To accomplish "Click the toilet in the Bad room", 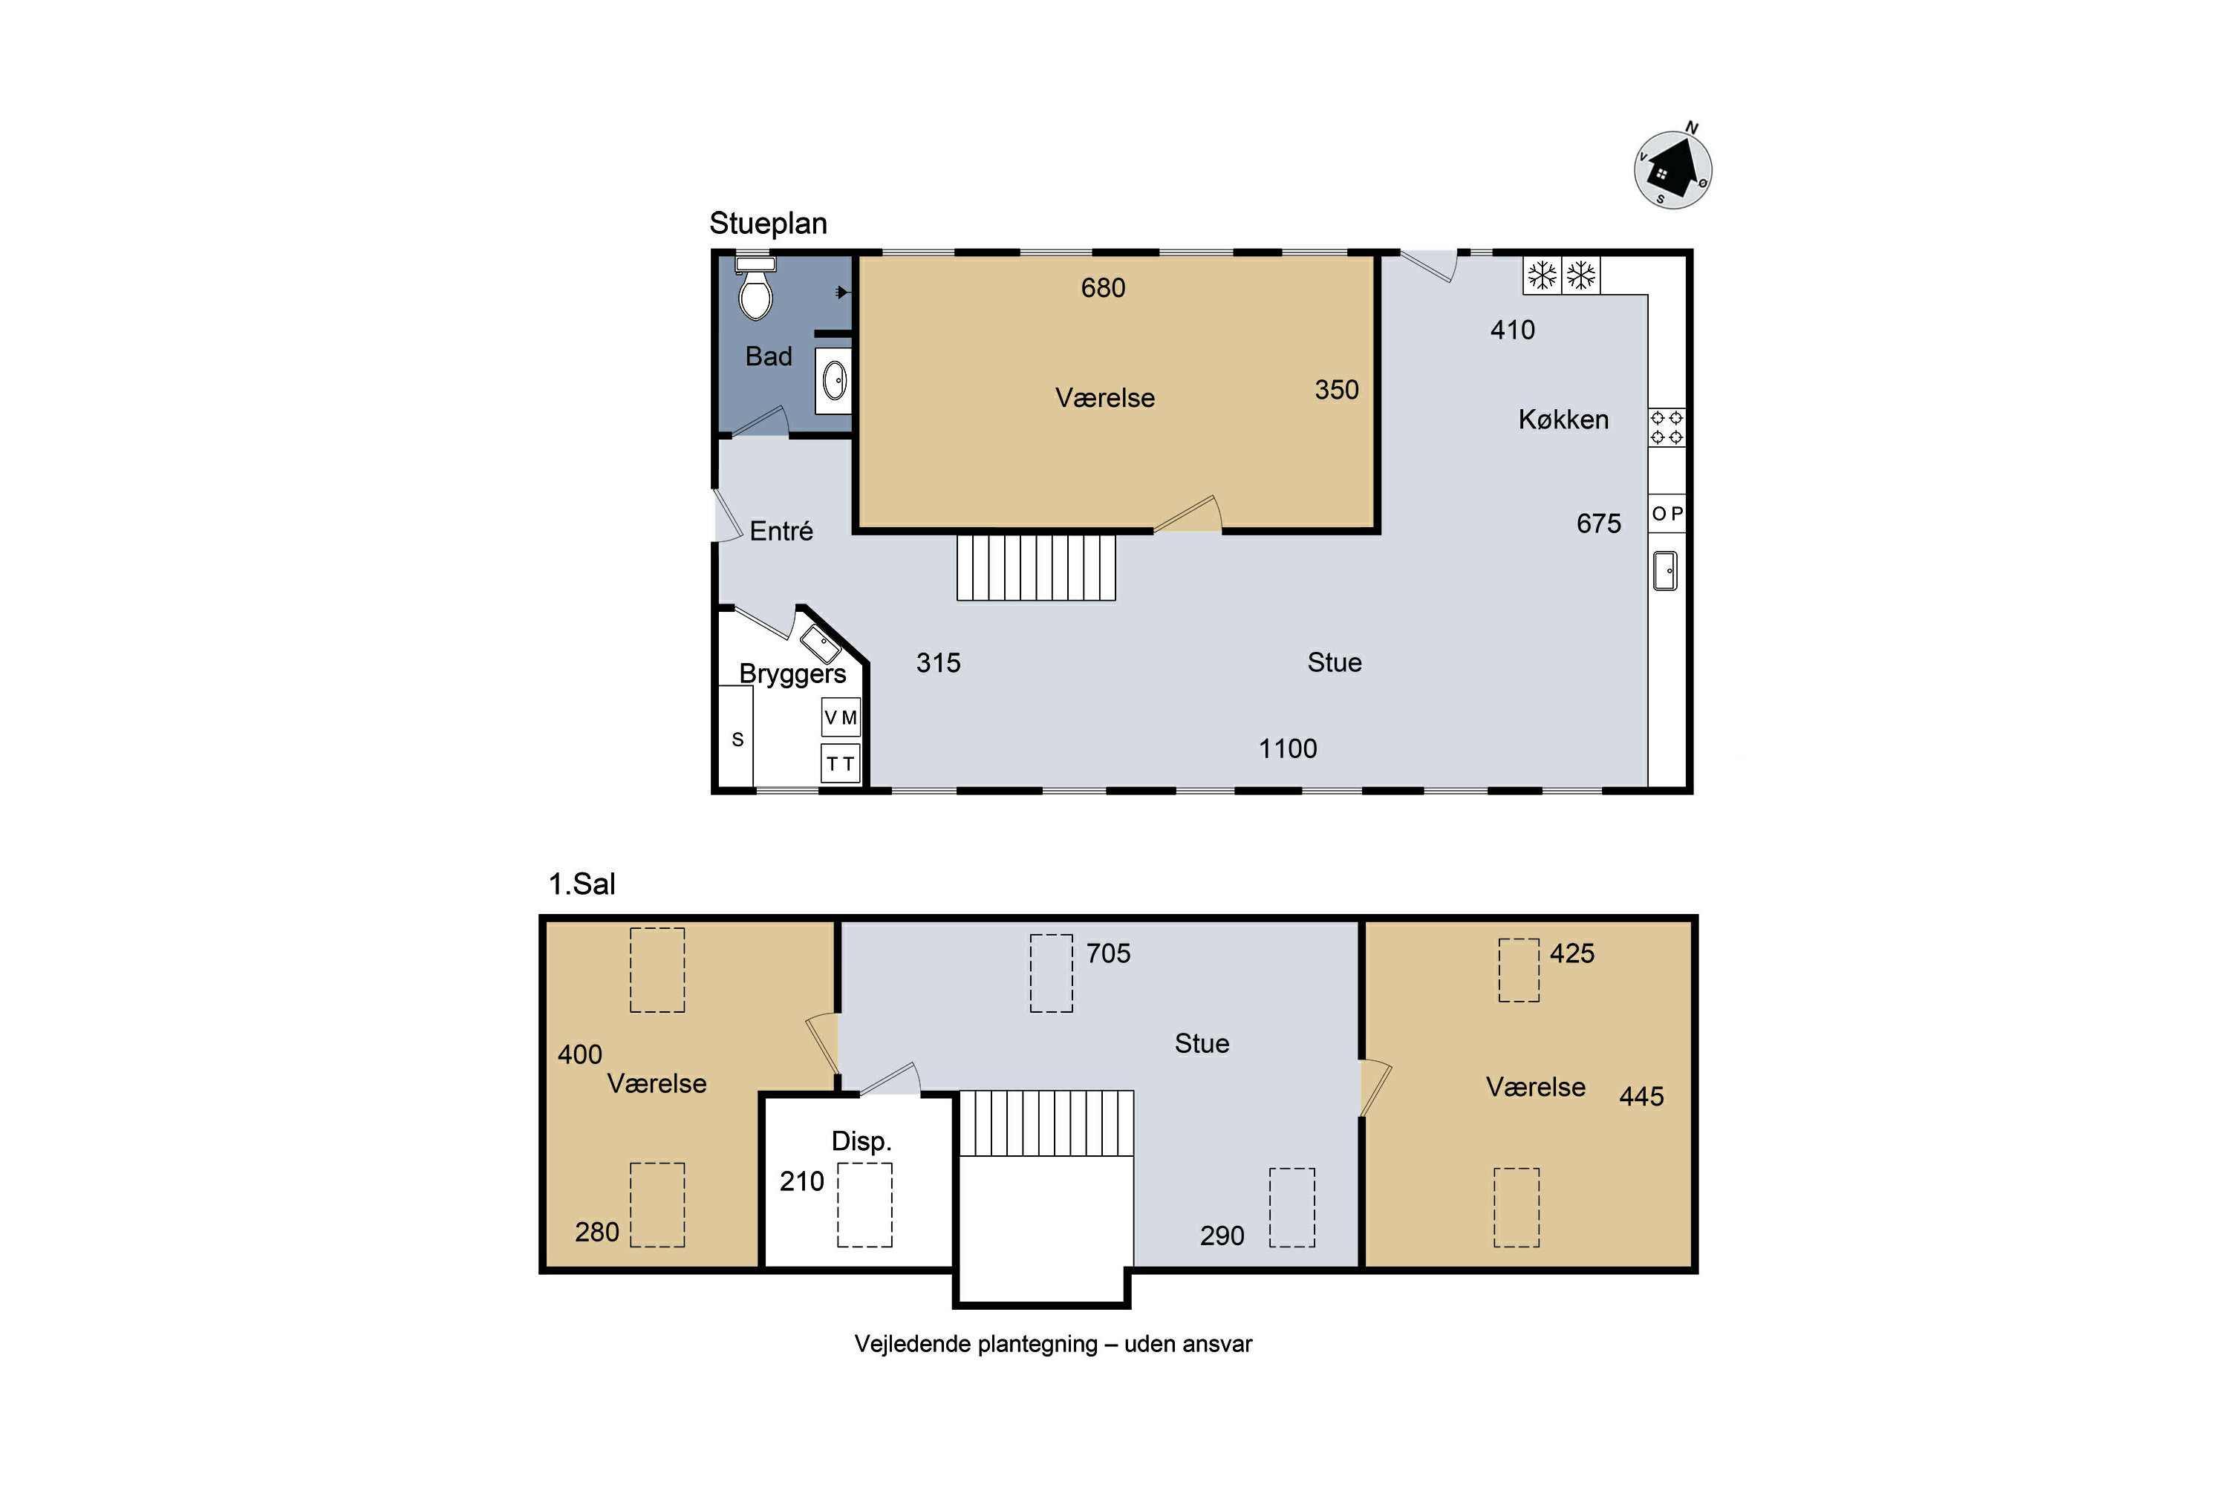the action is click(755, 288).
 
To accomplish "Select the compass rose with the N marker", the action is click(1673, 169).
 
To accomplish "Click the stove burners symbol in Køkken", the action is click(1667, 427).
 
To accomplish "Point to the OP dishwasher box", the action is click(1667, 513).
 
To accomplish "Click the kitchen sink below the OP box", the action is click(1664, 570).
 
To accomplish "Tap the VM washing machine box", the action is click(840, 717).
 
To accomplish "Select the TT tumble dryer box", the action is click(840, 763).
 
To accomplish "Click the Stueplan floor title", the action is click(768, 223).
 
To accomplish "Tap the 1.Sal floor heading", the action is click(582, 884).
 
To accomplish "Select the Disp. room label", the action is click(861, 1141).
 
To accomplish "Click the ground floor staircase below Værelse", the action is click(1035, 567).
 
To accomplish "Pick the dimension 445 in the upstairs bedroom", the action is click(1641, 1096).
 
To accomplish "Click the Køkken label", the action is click(1563, 420).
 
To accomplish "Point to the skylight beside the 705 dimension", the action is click(1052, 973).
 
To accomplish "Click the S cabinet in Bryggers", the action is click(736, 736).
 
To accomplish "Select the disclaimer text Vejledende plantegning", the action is click(1053, 1344).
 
